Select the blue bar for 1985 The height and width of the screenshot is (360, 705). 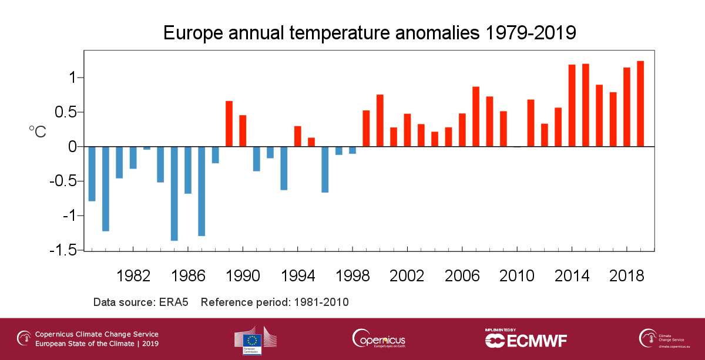(174, 193)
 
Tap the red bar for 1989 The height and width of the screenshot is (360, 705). (229, 123)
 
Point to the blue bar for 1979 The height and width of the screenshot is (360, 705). (92, 174)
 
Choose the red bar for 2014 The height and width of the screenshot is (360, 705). (572, 105)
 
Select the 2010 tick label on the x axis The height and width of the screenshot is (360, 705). (517, 276)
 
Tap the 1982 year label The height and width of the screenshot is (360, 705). (133, 276)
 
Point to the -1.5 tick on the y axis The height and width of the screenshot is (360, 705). (66, 250)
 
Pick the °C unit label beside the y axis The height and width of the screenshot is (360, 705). (37, 132)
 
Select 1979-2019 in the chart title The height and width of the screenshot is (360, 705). (529, 33)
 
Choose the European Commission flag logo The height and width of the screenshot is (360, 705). (254, 340)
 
